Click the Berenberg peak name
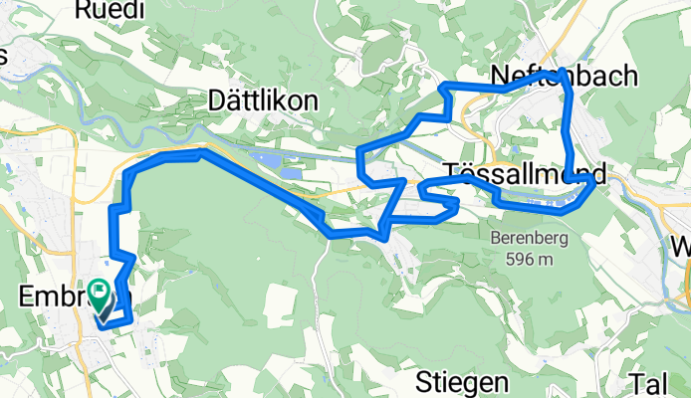(521, 239)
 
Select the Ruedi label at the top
(110, 10)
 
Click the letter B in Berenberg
(493, 239)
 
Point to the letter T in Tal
(637, 383)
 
